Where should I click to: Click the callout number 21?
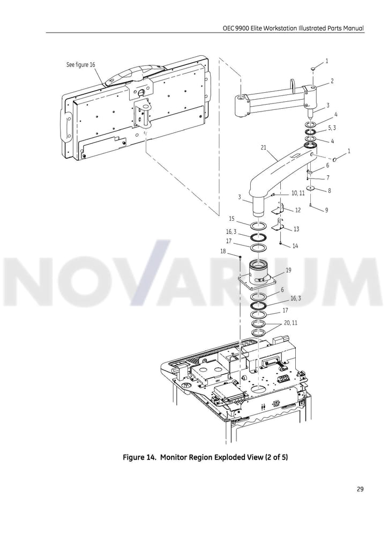[264, 147]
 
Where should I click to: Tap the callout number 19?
[288, 270]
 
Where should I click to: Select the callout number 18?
[223, 251]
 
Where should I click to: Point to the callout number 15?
[232, 219]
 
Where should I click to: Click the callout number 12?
[298, 210]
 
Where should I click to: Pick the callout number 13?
[296, 229]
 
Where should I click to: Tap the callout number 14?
[295, 246]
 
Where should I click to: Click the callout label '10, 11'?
[298, 193]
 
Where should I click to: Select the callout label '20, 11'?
[290, 322]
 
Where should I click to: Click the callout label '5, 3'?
[332, 128]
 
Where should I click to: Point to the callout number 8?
[329, 191]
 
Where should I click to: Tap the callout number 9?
[326, 210]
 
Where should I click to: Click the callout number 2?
[332, 81]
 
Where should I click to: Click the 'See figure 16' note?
[80, 65]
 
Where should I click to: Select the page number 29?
[360, 489]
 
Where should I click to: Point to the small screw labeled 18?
[240, 258]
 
